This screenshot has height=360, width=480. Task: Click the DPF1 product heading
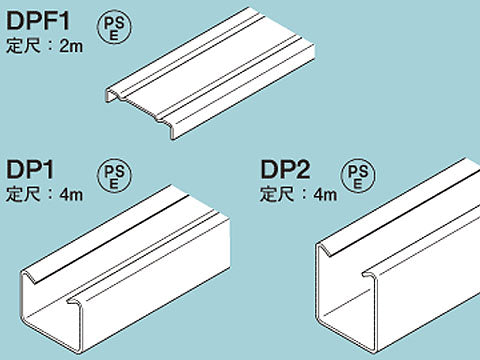click(38, 21)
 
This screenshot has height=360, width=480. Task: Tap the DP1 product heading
click(30, 169)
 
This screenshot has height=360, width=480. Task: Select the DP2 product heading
click(285, 169)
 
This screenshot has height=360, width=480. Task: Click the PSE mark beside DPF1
click(114, 27)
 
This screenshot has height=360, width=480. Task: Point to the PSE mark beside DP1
click(114, 175)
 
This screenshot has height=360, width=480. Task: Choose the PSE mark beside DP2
click(358, 175)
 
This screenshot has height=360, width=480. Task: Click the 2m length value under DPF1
click(71, 46)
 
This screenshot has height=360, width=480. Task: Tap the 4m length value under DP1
click(71, 194)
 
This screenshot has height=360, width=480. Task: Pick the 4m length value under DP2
click(325, 194)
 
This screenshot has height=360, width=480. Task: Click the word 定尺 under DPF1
click(23, 46)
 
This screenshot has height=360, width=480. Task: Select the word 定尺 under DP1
click(23, 194)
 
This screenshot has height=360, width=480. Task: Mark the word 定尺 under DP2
click(277, 194)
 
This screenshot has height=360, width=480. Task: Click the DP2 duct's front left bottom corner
click(319, 321)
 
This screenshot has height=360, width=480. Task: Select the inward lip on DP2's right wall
click(369, 274)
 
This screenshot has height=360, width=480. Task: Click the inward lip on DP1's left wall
click(29, 277)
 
